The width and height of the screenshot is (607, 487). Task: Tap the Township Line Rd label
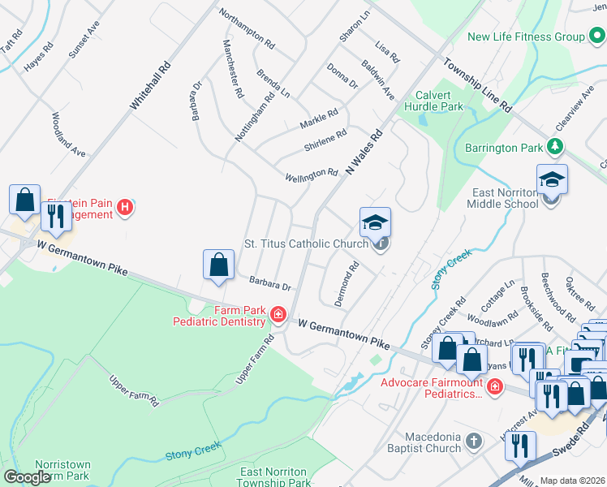(x=478, y=84)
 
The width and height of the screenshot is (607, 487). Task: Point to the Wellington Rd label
(x=312, y=175)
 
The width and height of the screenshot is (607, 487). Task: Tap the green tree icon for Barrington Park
(x=555, y=147)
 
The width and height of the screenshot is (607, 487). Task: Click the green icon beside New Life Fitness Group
(x=596, y=37)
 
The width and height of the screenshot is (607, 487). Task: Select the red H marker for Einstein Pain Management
(x=125, y=208)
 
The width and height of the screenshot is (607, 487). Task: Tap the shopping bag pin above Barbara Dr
(x=218, y=265)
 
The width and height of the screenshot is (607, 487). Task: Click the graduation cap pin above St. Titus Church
(x=376, y=222)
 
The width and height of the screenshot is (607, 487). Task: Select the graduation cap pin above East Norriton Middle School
(x=552, y=179)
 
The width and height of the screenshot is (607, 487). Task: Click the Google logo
(x=26, y=477)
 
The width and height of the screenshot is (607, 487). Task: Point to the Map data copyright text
(x=573, y=481)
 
